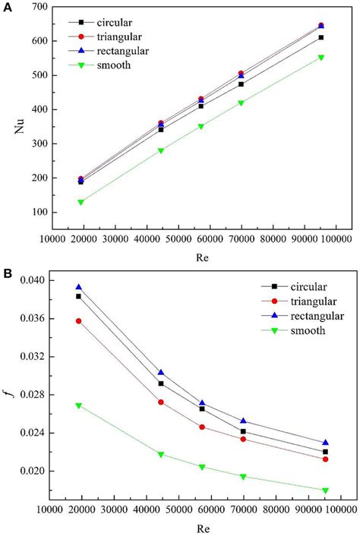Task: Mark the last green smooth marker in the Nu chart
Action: click(321, 58)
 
